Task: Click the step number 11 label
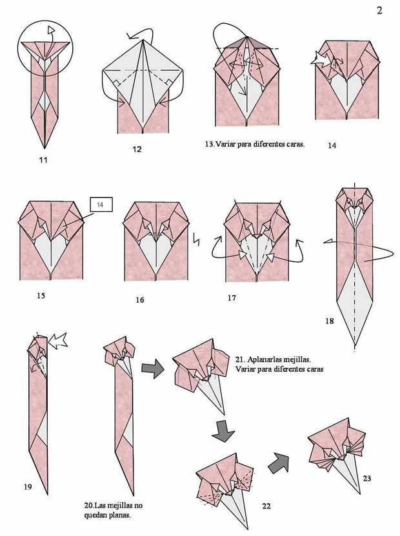pos(43,158)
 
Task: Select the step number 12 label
pos(137,149)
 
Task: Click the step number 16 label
pos(140,300)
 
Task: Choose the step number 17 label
pos(232,298)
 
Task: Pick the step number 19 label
pos(27,488)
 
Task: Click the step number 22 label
pos(266,506)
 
